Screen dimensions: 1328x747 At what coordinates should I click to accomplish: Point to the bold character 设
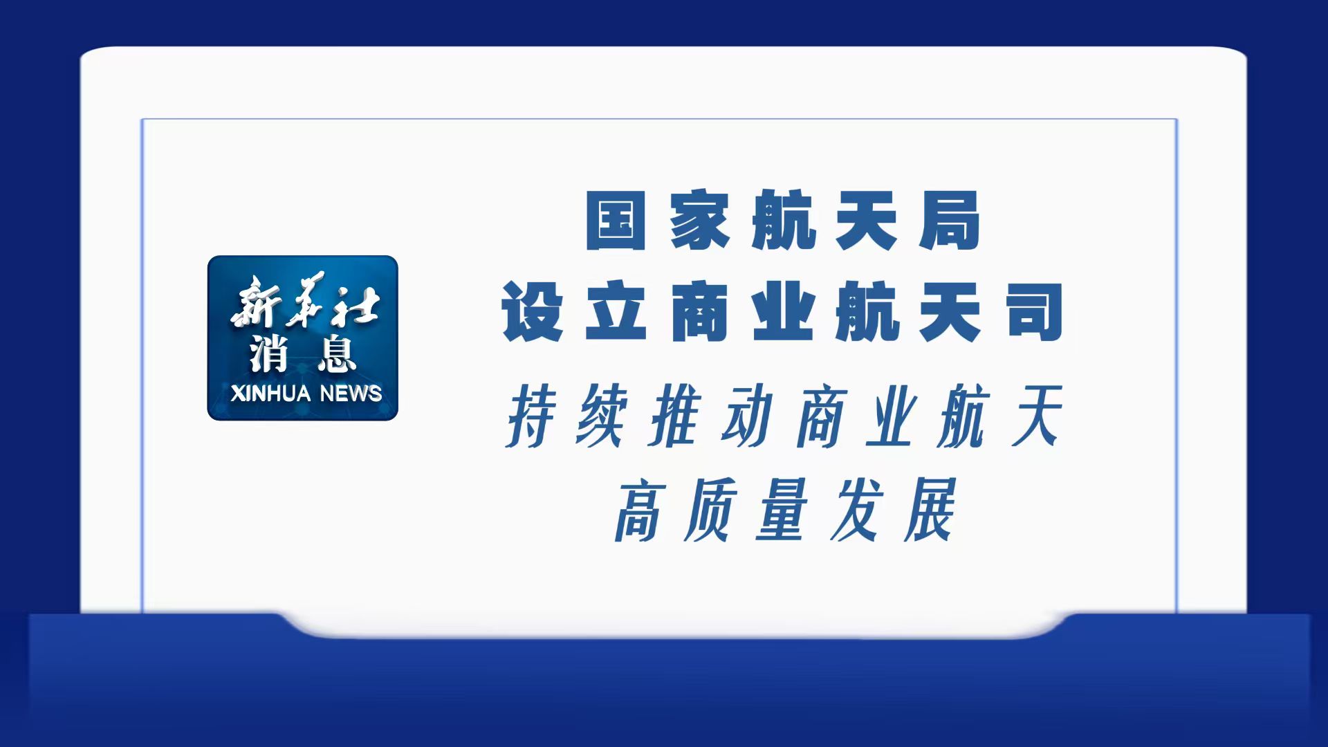pos(532,312)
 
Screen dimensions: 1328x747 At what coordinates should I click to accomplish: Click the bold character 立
pos(616,312)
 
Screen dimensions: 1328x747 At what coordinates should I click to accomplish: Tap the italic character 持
pos(533,416)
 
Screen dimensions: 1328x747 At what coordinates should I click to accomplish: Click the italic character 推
pos(676,416)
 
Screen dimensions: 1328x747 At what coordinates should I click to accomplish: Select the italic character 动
pos(748,416)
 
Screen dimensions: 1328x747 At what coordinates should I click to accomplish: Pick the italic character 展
pos(930,510)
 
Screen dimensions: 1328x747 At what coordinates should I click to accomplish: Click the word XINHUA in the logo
pos(270,394)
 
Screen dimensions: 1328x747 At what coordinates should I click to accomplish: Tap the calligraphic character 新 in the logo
pos(256,302)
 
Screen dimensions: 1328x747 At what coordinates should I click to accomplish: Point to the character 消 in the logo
pos(270,353)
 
